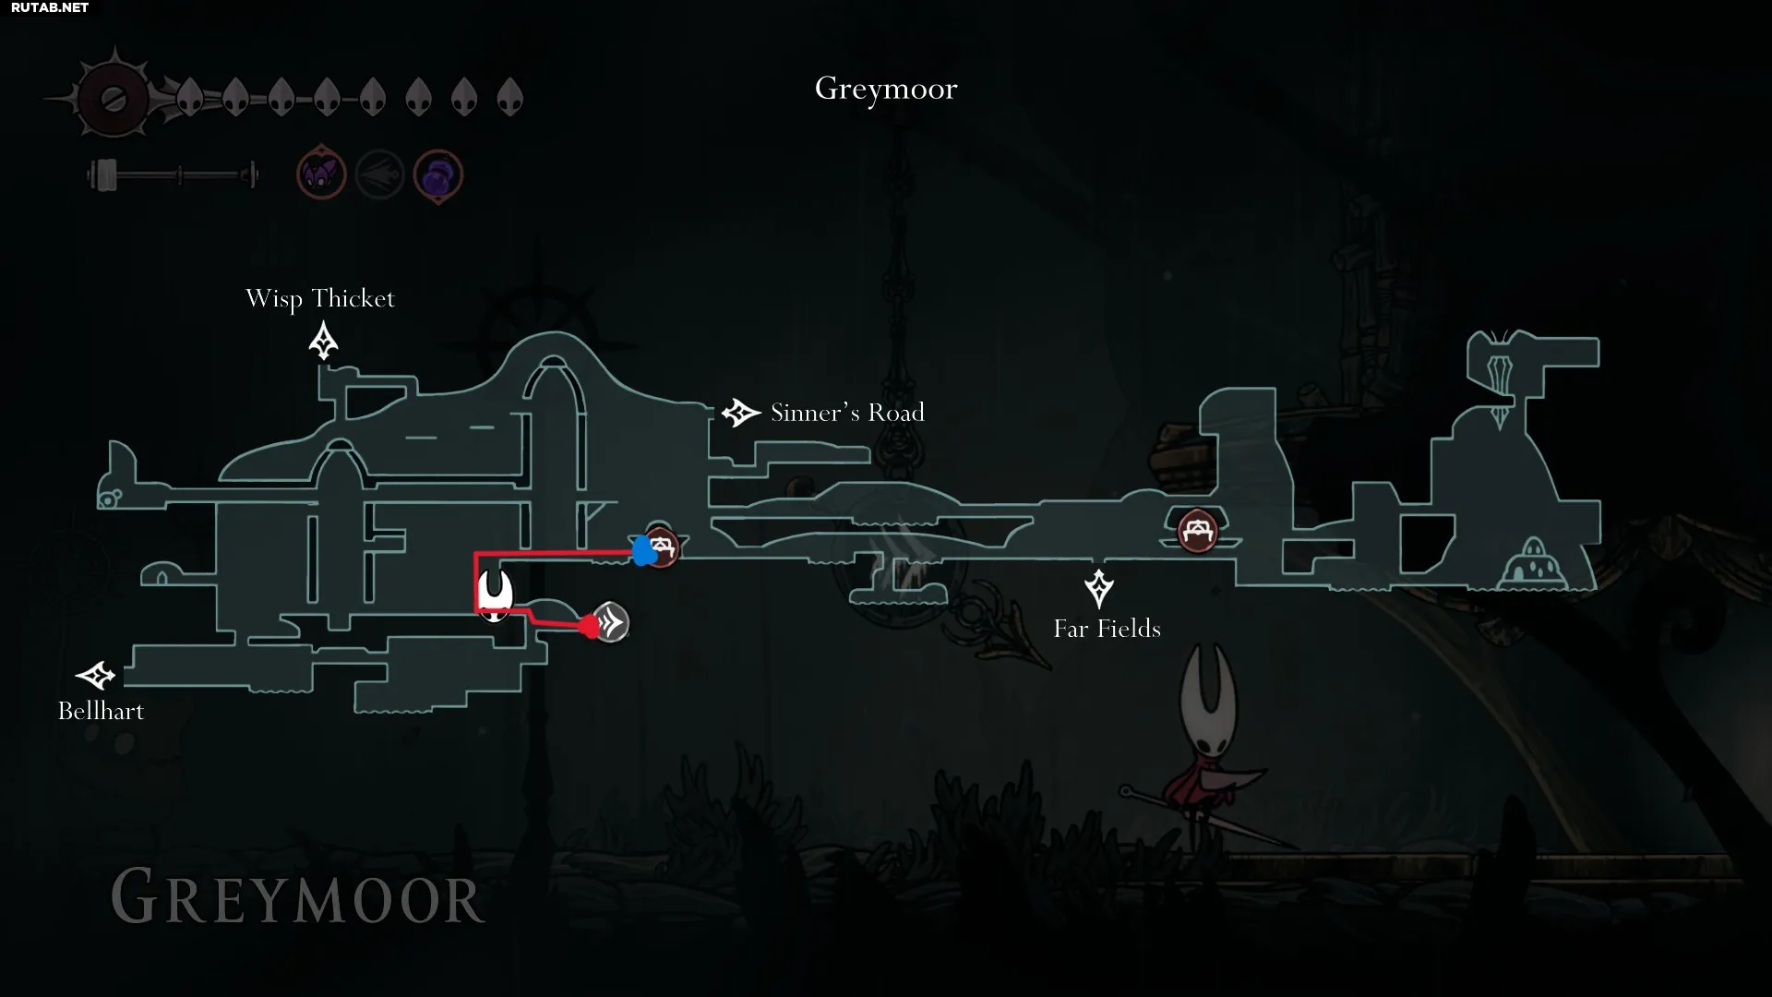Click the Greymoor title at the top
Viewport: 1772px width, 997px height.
886,90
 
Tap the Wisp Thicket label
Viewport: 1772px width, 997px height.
319,299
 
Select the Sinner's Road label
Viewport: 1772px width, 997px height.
847,413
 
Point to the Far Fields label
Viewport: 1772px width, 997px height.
1107,629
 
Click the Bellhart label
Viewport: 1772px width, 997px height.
101,711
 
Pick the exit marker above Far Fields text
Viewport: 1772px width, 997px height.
1098,588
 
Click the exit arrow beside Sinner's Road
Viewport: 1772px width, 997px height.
740,413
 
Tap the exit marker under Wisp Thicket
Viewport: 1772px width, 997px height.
323,340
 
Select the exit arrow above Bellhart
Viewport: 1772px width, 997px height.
95,676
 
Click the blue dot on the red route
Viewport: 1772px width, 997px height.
643,551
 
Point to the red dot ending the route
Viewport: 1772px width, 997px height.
589,627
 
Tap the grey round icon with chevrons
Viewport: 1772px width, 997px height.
610,623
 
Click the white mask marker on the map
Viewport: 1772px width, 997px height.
496,595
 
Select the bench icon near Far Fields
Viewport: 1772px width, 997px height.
1197,531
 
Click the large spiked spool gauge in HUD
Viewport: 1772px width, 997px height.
114,99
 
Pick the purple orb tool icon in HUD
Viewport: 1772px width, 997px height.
437,174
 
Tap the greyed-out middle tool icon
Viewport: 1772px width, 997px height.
379,174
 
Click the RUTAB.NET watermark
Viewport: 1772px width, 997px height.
50,7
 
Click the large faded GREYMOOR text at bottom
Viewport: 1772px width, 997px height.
297,897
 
